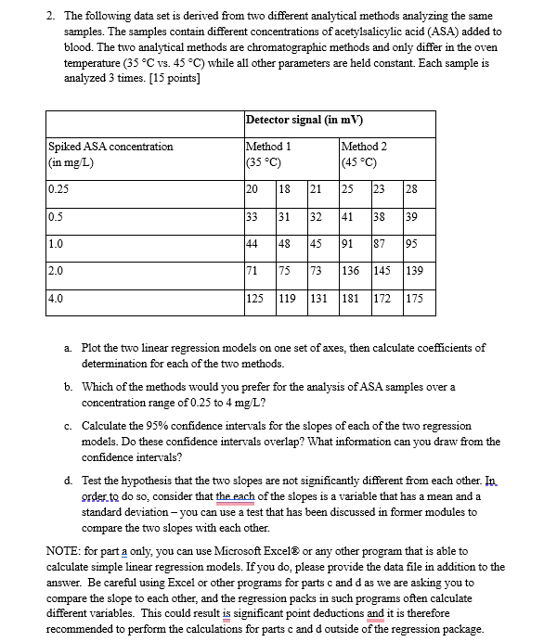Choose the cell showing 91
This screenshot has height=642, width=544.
350,246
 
